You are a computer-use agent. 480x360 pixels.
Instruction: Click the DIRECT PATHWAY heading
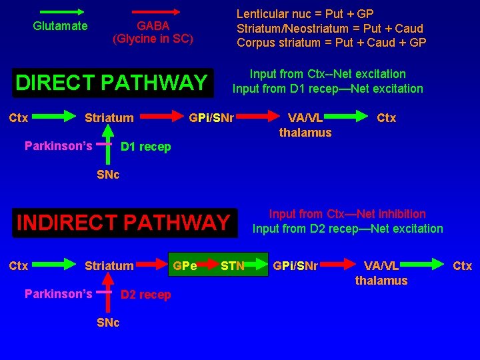[111, 83]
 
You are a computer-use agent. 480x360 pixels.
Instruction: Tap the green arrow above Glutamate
[59, 11]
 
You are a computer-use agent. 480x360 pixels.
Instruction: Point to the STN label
[233, 267]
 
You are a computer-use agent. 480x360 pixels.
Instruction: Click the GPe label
[185, 266]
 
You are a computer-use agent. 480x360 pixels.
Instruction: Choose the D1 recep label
[145, 147]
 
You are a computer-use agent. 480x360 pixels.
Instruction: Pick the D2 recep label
[145, 295]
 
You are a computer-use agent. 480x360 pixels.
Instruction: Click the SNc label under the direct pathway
[109, 175]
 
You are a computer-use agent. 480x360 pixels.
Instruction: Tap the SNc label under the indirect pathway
[109, 323]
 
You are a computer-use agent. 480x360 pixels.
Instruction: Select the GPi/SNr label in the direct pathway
[211, 119]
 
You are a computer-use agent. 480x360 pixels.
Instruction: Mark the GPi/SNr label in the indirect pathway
[295, 266]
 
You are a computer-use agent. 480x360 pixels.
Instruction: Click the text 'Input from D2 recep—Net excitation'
[347, 229]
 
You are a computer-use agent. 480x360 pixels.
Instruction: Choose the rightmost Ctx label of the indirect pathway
[462, 266]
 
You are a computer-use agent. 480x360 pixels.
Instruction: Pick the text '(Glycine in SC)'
[153, 39]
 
